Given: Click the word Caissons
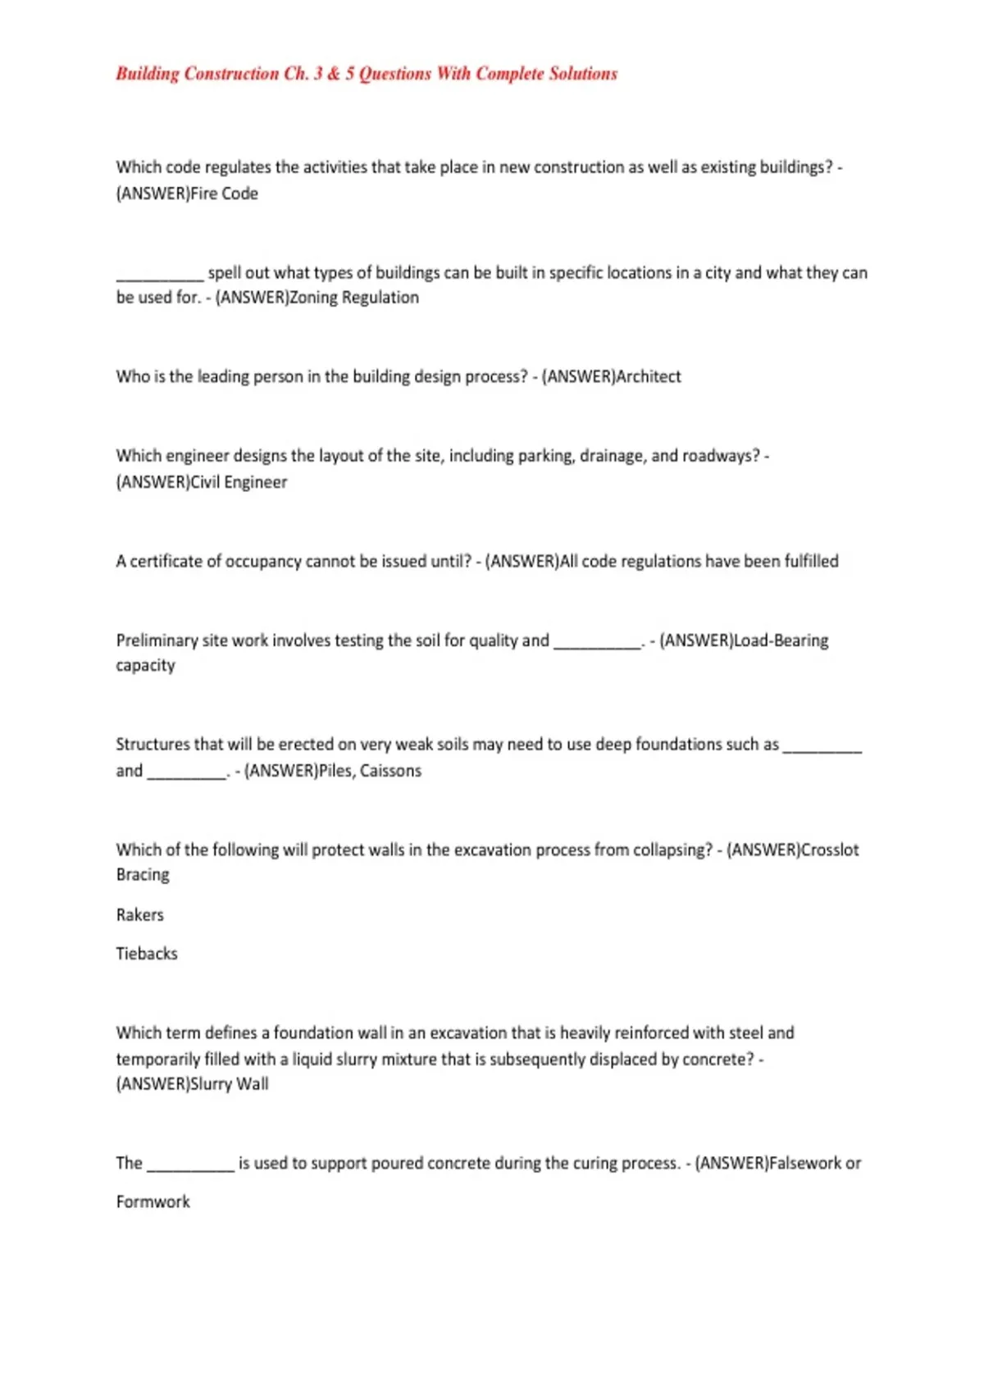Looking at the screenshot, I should point(390,771).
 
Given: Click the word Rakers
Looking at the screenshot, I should point(139,914).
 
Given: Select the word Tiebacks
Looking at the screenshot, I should point(146,954).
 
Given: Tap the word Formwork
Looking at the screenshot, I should point(153,1202).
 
